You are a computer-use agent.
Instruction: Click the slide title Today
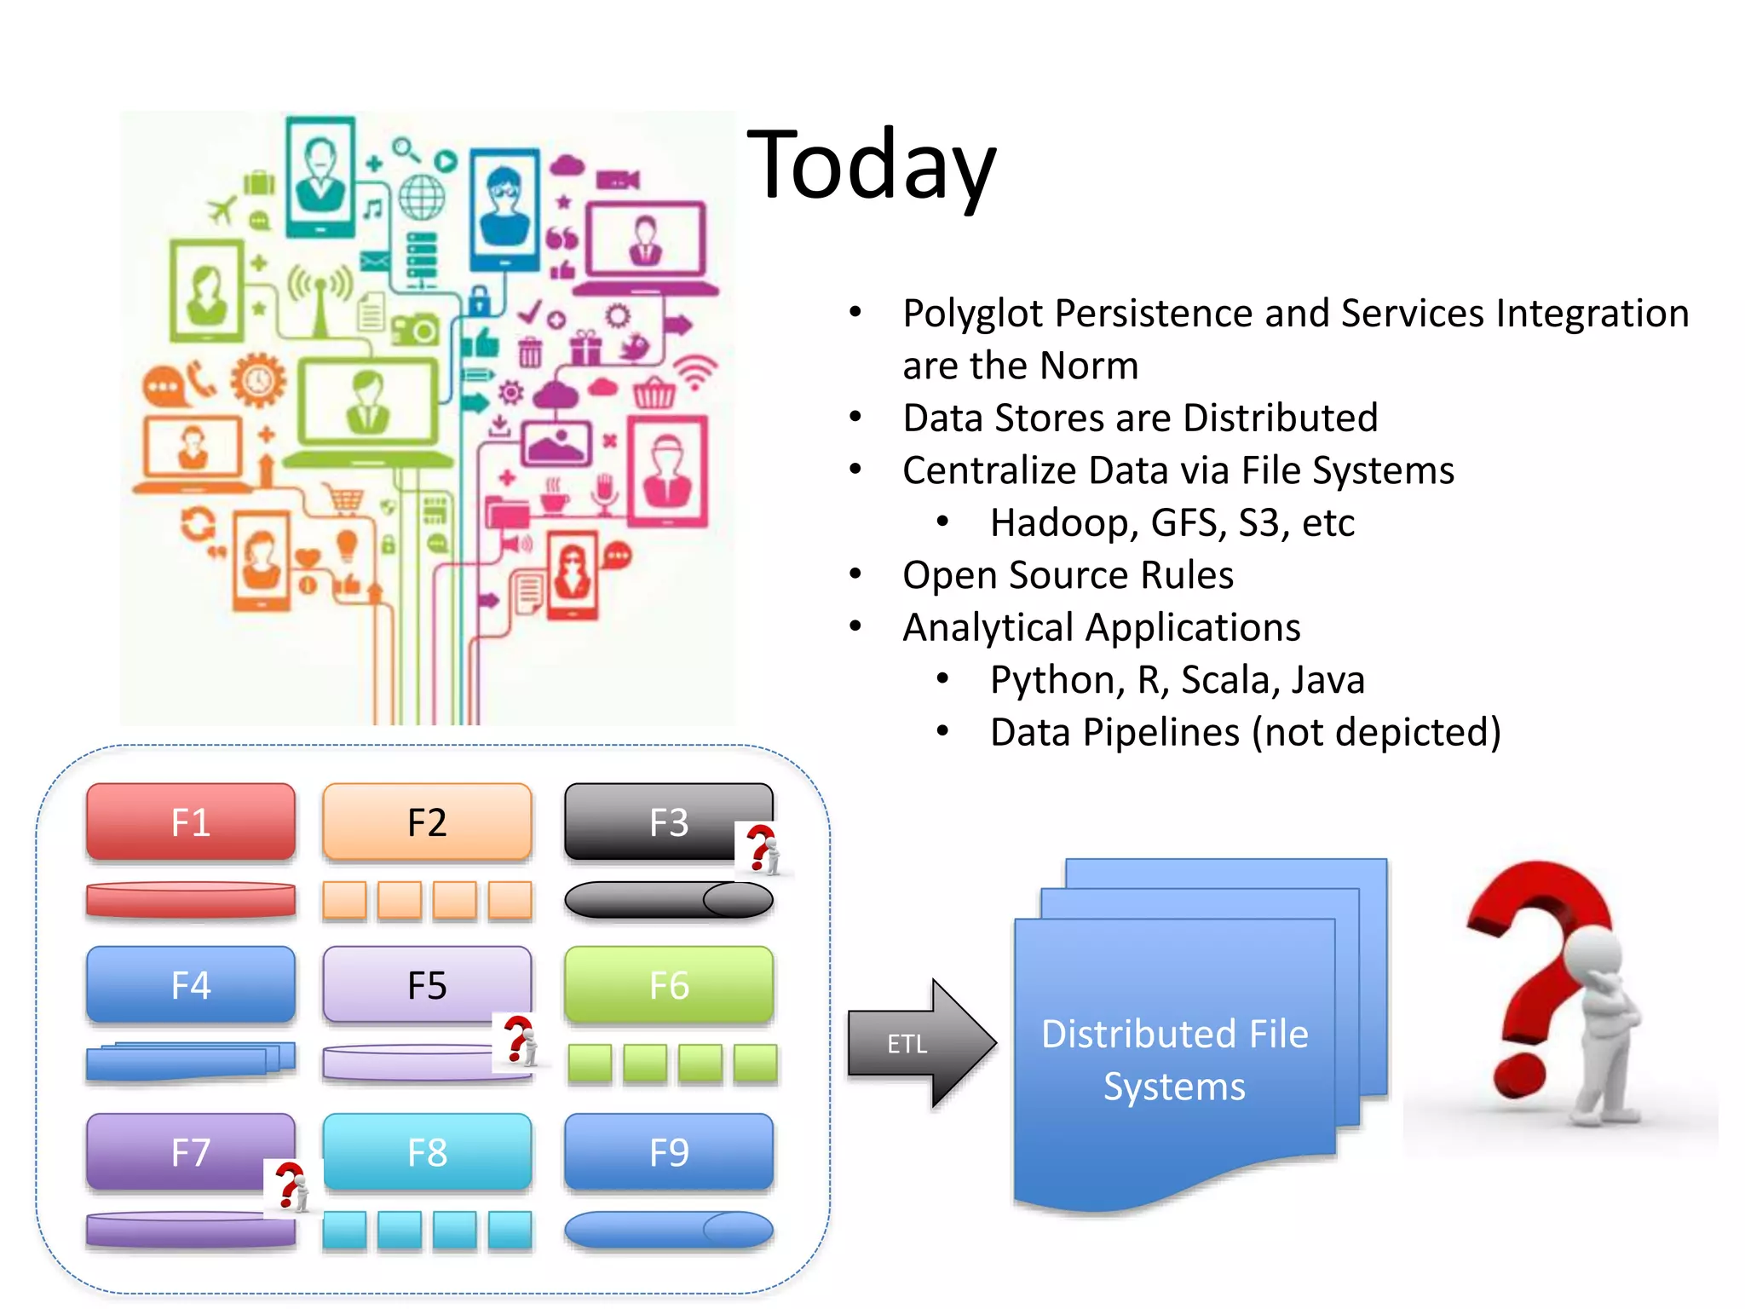point(871,164)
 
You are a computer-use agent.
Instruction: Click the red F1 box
point(191,822)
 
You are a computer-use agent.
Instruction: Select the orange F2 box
point(427,822)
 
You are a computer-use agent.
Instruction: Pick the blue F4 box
point(191,984)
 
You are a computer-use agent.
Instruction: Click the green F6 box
point(669,984)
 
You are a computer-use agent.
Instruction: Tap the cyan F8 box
point(427,1152)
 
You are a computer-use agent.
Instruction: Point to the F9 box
point(669,1152)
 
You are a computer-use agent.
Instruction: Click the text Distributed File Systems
point(1174,1059)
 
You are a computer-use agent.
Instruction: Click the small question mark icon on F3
point(763,850)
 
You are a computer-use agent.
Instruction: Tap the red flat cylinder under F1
point(191,900)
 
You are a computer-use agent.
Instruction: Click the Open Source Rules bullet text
point(1068,575)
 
